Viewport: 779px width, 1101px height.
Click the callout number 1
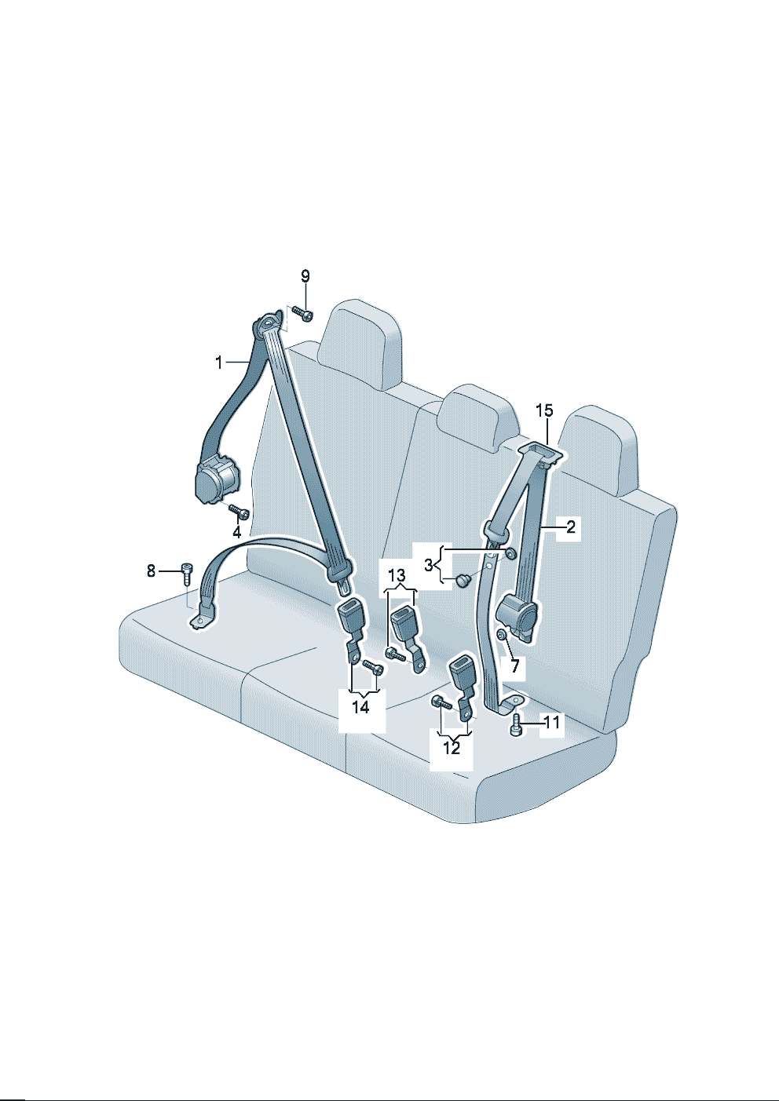point(219,363)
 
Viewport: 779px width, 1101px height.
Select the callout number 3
point(428,565)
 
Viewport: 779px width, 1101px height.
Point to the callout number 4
point(237,532)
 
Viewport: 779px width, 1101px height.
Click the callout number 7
point(515,666)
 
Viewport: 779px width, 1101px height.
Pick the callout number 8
point(151,571)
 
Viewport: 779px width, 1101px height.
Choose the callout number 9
point(305,277)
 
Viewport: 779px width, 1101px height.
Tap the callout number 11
point(552,722)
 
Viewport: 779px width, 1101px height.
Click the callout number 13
point(397,574)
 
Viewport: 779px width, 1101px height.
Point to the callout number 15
point(544,410)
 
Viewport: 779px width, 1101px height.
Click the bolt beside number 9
point(302,313)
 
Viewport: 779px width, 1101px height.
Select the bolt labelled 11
point(515,725)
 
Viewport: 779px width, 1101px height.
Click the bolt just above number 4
point(240,512)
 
